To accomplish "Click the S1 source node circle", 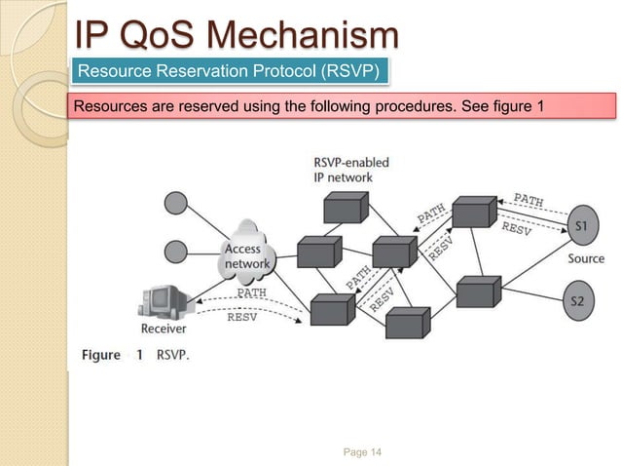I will [581, 227].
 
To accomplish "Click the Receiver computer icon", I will [163, 299].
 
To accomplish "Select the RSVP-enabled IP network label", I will [343, 169].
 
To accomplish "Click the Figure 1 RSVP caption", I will [135, 355].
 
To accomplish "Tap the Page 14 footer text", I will [364, 450].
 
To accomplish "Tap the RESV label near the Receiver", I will [242, 316].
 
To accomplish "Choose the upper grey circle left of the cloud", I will [176, 204].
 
